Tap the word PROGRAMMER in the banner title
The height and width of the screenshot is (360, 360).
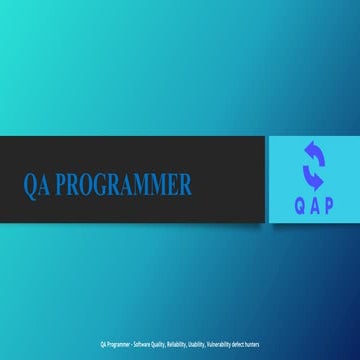[123, 185]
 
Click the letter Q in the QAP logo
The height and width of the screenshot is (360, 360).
[297, 206]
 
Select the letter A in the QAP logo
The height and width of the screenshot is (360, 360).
[314, 206]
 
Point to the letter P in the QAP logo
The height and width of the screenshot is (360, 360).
[330, 206]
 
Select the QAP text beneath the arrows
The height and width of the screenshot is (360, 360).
[314, 206]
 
